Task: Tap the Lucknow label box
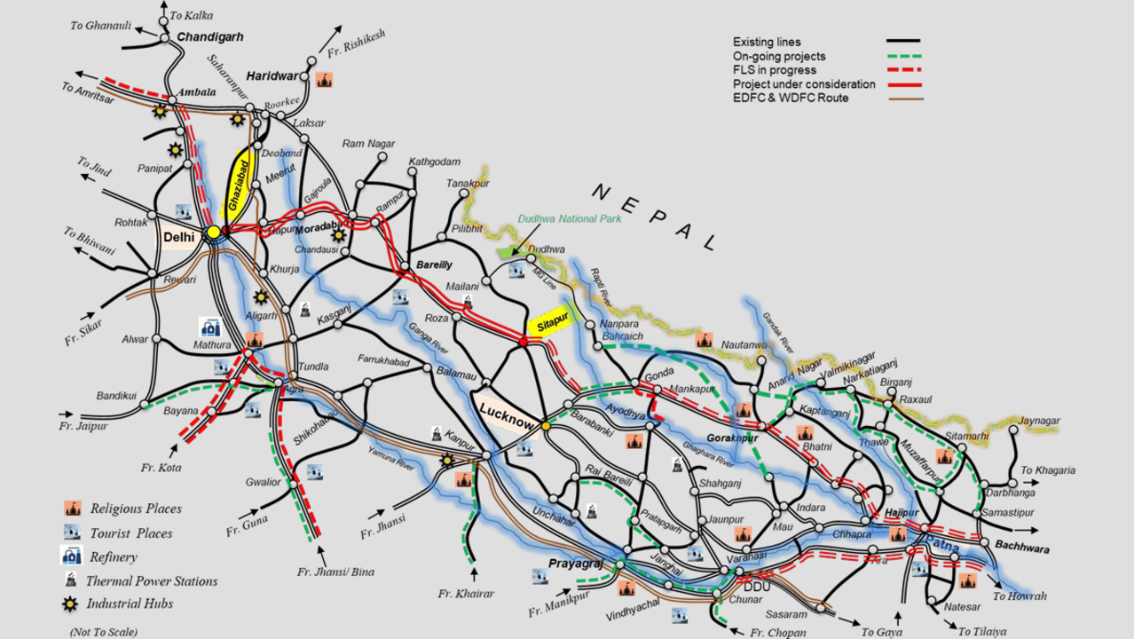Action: coord(507,411)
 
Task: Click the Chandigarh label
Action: coord(210,37)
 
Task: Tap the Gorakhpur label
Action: coord(732,438)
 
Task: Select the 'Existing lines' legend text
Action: coord(767,42)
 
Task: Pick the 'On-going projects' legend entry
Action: coord(779,56)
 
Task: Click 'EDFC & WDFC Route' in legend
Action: coord(790,98)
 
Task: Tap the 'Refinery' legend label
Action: coord(114,557)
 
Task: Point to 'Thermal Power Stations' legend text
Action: coord(152,581)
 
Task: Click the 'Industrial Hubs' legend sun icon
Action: coord(72,604)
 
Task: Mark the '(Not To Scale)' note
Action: coord(104,632)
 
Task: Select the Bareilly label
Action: coord(434,264)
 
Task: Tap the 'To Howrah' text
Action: coord(1020,596)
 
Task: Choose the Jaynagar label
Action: coord(1040,421)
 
